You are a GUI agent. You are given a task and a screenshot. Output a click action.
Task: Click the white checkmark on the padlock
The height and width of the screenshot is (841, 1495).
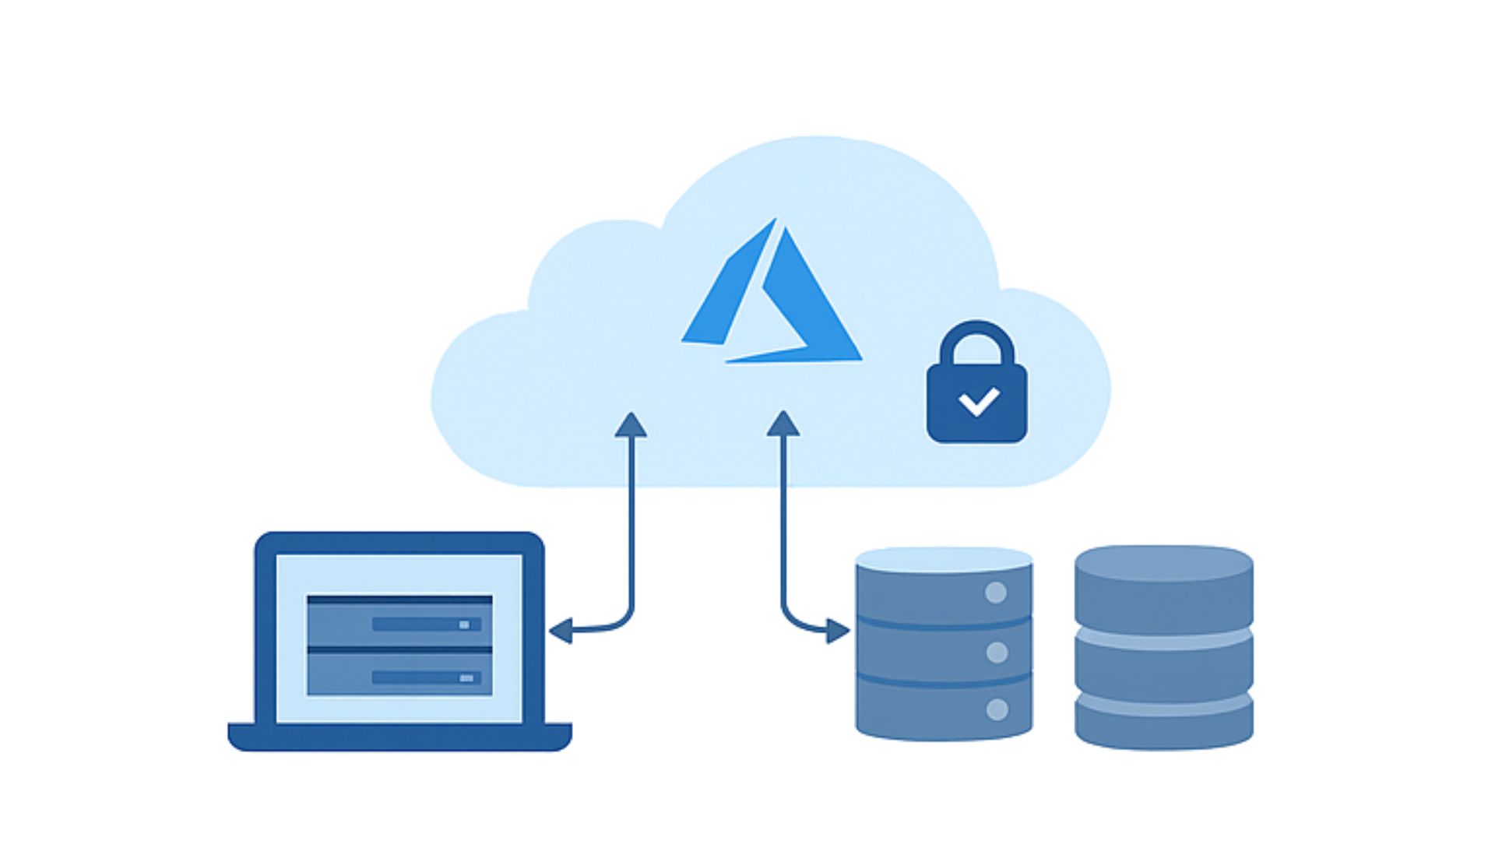point(979,402)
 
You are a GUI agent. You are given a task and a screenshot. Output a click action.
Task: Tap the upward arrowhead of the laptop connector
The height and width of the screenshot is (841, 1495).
point(631,425)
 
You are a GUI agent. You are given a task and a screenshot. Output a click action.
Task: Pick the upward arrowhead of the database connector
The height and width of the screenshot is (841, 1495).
point(783,424)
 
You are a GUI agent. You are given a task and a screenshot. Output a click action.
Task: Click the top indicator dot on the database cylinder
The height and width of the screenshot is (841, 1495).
point(996,593)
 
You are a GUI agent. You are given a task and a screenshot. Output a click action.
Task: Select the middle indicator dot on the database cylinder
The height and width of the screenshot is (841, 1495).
point(997,653)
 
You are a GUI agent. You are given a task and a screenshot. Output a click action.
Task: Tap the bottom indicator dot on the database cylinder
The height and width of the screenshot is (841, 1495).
point(997,709)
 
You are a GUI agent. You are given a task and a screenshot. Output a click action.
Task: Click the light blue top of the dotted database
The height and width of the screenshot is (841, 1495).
point(944,559)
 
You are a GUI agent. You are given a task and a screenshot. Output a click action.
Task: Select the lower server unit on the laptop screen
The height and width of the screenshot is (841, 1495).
point(399,674)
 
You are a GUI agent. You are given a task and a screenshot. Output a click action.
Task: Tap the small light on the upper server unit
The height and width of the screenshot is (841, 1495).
point(465,625)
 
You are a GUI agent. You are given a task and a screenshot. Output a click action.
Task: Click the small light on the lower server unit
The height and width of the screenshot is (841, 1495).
point(466,678)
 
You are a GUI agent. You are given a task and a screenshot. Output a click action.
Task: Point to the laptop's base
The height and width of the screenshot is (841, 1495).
point(399,737)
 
